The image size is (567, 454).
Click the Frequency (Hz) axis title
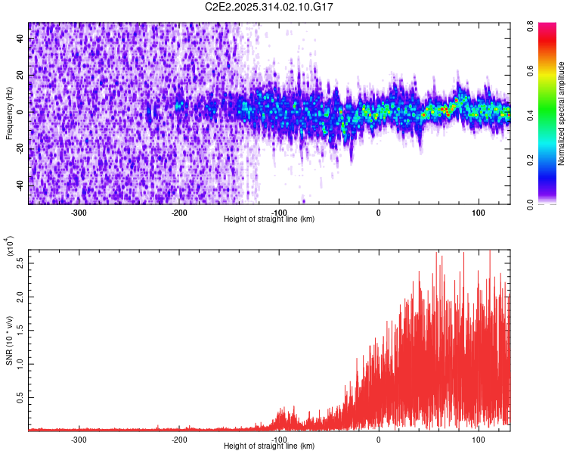pyautogui.click(x=9, y=113)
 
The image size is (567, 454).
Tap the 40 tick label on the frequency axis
pyautogui.click(x=20, y=39)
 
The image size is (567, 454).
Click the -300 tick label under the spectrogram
pyautogui.click(x=79, y=212)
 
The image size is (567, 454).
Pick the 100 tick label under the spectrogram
pyautogui.click(x=478, y=212)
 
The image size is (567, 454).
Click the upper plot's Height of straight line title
pyautogui.click(x=269, y=219)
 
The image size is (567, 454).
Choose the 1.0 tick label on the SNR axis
pyautogui.click(x=20, y=363)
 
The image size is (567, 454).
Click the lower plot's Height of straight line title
pyautogui.click(x=269, y=446)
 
